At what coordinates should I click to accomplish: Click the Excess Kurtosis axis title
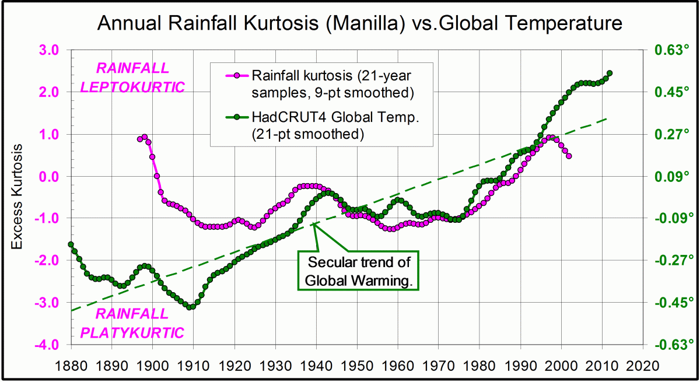coord(17,198)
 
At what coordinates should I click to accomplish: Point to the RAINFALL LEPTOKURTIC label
coord(132,78)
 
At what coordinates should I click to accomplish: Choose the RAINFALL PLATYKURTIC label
coord(132,323)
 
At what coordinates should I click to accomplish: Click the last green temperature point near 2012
coord(610,73)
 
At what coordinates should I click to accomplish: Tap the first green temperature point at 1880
coord(71,244)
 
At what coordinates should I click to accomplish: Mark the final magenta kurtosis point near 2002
coord(569,156)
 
